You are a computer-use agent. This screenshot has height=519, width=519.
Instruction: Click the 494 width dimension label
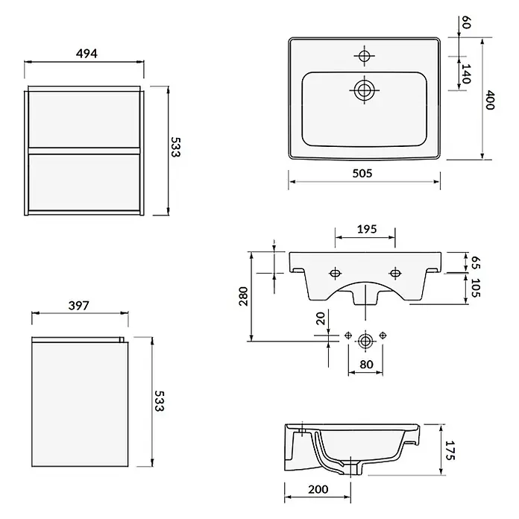point(86,53)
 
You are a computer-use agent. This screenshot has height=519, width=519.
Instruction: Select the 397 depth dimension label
point(79,305)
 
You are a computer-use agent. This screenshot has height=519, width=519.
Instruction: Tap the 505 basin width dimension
point(362,173)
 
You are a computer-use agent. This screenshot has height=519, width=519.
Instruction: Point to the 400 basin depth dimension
point(490,100)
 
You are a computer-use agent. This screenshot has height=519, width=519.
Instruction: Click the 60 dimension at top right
point(466,22)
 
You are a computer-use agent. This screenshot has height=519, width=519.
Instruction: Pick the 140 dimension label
point(466,74)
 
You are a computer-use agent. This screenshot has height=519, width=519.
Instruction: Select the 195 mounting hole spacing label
point(367,229)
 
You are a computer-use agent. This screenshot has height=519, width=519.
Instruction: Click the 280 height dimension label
point(243,296)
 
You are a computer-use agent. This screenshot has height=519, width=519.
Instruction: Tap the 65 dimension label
point(476,262)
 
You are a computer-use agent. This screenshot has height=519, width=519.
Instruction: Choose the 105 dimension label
point(476,288)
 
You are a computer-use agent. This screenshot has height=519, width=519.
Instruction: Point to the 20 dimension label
point(321,318)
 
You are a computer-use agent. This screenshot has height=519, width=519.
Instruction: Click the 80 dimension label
point(366,365)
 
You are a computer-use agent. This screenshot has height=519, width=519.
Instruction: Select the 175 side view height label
point(450,450)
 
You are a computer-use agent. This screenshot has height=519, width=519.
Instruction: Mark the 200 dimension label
point(318,489)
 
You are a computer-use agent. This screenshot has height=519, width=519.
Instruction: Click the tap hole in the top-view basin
point(365,56)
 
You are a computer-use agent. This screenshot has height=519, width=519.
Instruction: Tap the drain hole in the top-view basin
point(365,90)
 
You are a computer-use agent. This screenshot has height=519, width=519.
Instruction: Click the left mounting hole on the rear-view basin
point(336,274)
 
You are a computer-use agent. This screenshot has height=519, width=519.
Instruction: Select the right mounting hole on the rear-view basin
point(395,274)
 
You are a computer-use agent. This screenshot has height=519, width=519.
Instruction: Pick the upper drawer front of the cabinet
point(84,119)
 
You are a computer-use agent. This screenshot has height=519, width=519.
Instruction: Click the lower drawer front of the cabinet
point(84,183)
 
